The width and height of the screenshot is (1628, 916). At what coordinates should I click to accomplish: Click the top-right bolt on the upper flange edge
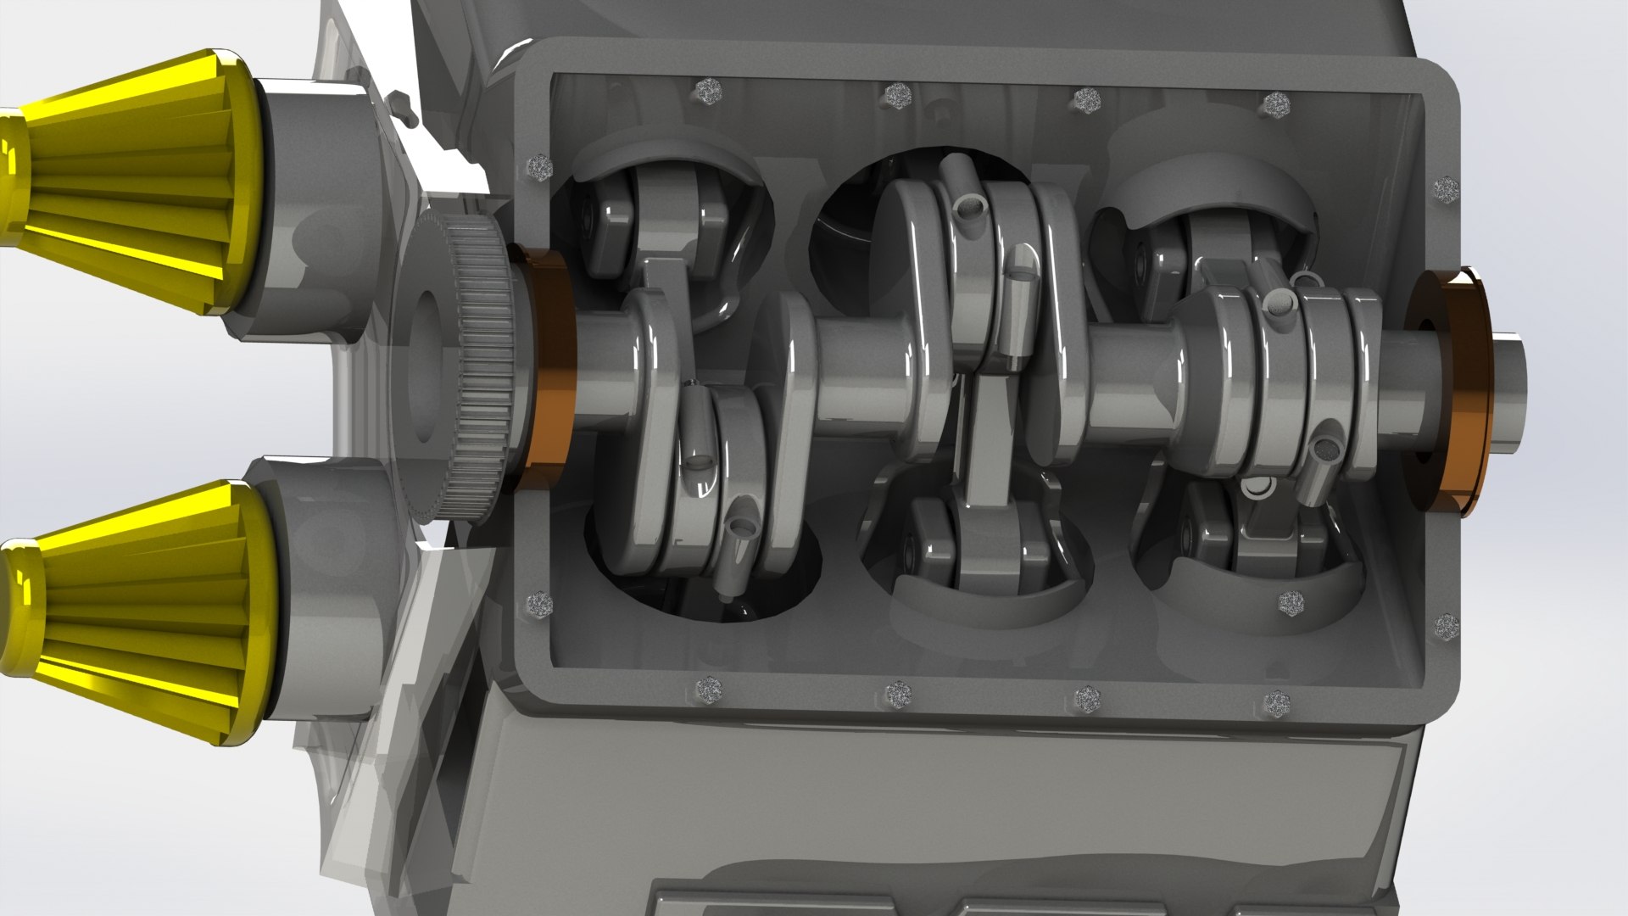click(x=1274, y=105)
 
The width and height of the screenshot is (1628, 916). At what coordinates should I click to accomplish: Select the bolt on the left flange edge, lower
click(x=540, y=604)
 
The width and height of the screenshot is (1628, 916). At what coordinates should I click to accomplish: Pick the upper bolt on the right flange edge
click(x=1446, y=187)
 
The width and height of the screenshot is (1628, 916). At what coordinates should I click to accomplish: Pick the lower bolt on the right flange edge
click(x=1446, y=628)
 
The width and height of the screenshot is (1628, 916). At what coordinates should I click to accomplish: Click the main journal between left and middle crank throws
click(x=865, y=373)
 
